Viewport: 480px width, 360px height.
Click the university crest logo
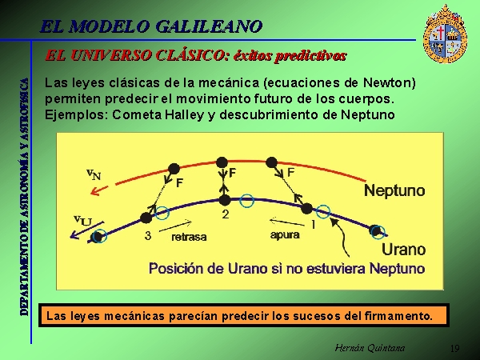click(445, 34)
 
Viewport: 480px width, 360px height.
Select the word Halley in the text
click(184, 114)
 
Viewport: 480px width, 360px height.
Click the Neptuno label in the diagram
click(394, 190)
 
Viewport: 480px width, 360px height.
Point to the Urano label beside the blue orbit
click(403, 250)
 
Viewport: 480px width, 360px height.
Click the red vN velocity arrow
click(99, 190)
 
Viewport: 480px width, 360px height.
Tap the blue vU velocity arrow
click(87, 230)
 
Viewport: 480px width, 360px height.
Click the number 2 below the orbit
click(226, 214)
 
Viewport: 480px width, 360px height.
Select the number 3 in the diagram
click(148, 235)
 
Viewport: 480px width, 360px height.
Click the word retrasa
click(189, 237)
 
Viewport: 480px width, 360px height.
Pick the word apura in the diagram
click(285, 234)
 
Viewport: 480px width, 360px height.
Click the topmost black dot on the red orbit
click(222, 163)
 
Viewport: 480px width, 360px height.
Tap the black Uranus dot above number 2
click(225, 201)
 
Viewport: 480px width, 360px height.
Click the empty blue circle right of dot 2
click(246, 201)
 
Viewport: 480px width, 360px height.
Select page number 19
click(455, 348)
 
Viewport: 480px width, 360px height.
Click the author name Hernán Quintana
click(370, 348)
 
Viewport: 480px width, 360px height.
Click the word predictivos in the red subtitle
click(290, 56)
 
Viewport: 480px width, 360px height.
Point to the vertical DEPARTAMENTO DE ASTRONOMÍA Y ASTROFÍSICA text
click(25, 197)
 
